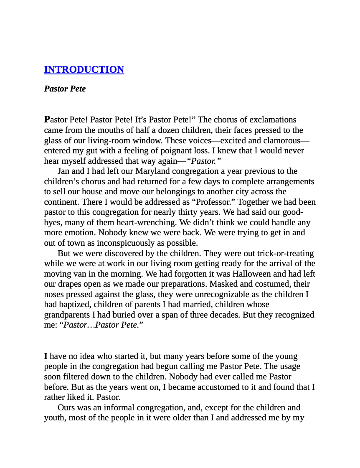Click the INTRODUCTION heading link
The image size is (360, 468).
coord(84,69)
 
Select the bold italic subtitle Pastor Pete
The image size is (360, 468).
coord(65,89)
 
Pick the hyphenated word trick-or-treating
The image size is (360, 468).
coord(286,253)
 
